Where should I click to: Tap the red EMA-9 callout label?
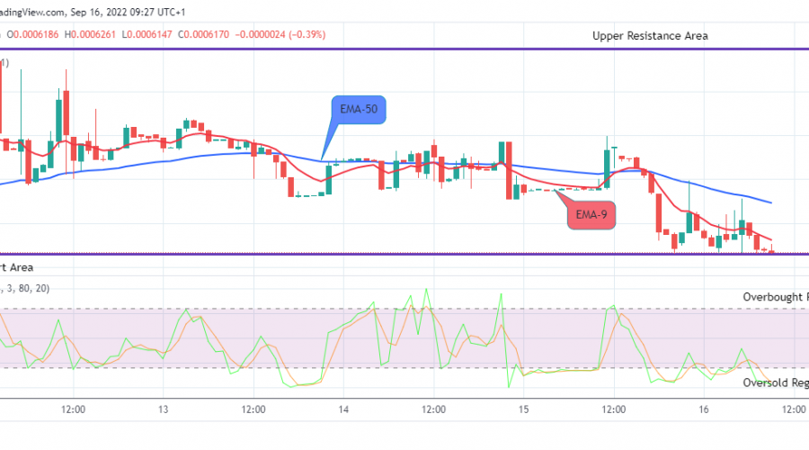[x=591, y=215]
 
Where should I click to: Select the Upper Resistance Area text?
[x=650, y=36]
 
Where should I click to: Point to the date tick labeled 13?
[x=164, y=409]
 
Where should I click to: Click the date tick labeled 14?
[x=344, y=409]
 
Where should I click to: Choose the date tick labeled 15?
[x=523, y=409]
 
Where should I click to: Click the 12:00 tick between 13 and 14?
[x=253, y=409]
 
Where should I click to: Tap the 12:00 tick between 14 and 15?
[x=433, y=409]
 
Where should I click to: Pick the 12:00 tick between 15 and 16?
[x=613, y=409]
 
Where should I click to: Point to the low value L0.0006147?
[x=146, y=34]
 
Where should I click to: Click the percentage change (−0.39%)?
[x=307, y=34]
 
